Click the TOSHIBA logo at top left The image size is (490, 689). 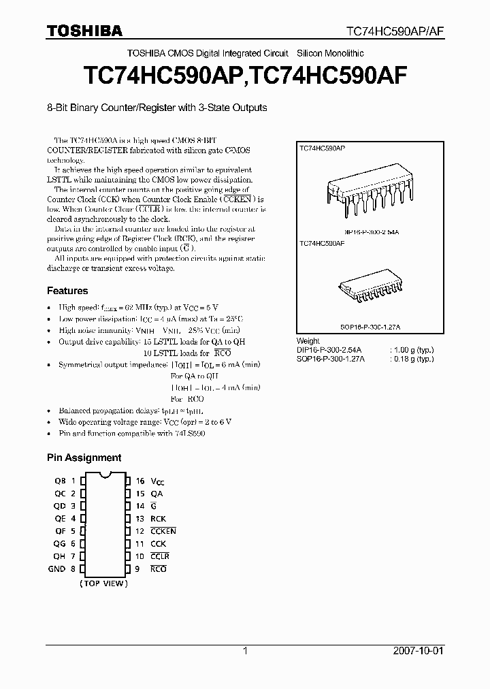tap(84, 31)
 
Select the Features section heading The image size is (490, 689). tap(67, 291)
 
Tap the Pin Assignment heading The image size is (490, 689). tap(84, 458)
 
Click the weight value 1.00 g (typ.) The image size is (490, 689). tap(412, 350)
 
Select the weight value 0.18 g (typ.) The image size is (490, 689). tap(412, 359)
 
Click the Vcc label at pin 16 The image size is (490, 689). tap(158, 481)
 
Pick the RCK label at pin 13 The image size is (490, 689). tap(158, 518)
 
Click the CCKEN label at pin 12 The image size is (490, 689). tap(163, 531)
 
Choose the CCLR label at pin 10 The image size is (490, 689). tap(160, 556)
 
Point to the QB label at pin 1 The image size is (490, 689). tap(59, 481)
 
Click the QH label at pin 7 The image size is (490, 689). tap(59, 556)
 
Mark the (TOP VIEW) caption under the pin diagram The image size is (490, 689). tap(103, 583)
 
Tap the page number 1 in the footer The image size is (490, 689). tap(245, 652)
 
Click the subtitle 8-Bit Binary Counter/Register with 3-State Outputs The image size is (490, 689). tap(157, 108)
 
